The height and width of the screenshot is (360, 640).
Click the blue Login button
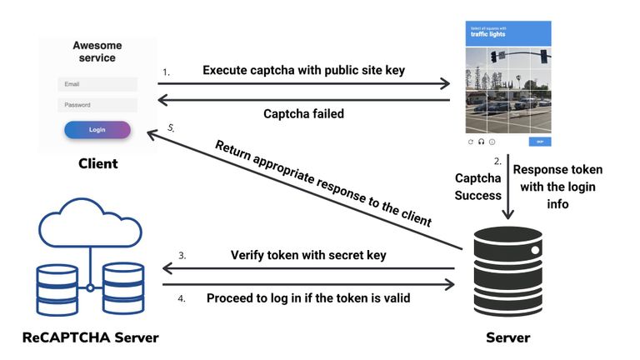point(97,130)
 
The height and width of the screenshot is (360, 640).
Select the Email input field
point(97,84)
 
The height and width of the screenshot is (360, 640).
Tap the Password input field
point(97,105)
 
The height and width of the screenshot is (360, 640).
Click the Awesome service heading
point(97,52)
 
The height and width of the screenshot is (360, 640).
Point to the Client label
point(97,163)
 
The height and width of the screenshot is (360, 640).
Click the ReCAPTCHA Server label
point(89,337)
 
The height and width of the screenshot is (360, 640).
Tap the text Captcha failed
point(303,113)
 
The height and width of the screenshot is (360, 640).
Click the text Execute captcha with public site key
point(303,70)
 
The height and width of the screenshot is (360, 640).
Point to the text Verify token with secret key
point(308,255)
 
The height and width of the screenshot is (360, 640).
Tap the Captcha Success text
point(478,187)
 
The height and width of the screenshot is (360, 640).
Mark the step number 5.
point(170,127)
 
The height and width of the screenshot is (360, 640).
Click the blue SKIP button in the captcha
point(539,142)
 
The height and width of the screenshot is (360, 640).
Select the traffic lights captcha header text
point(489,34)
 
